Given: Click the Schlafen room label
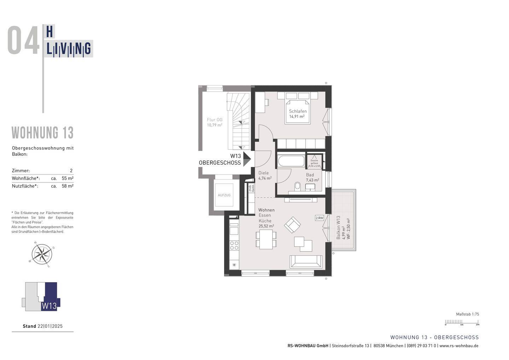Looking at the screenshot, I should pyautogui.click(x=298, y=111).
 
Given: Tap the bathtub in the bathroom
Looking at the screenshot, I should pyautogui.click(x=291, y=161).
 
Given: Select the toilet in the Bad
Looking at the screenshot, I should pyautogui.click(x=297, y=186).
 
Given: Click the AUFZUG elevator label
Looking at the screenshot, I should pyautogui.click(x=224, y=195).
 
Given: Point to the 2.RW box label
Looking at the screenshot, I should pyautogui.click(x=319, y=218).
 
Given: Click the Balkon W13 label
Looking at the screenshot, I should pyautogui.click(x=338, y=228).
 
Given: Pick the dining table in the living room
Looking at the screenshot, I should pyautogui.click(x=266, y=239).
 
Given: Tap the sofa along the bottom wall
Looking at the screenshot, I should pyautogui.click(x=306, y=261).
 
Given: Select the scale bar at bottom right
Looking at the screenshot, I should pyautogui.click(x=462, y=322).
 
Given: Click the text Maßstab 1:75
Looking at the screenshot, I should pyautogui.click(x=467, y=314).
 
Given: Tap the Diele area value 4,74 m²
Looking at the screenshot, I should pyautogui.click(x=265, y=178).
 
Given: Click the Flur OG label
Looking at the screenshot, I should pyautogui.click(x=215, y=120).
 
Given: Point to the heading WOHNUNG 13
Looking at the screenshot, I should pyautogui.click(x=43, y=133).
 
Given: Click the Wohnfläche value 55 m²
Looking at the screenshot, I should pyautogui.click(x=68, y=178).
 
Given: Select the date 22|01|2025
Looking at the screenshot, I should pyautogui.click(x=50, y=326).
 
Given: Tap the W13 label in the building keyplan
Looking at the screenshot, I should pyautogui.click(x=49, y=306).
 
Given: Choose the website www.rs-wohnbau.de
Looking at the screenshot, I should pyautogui.click(x=459, y=346).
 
